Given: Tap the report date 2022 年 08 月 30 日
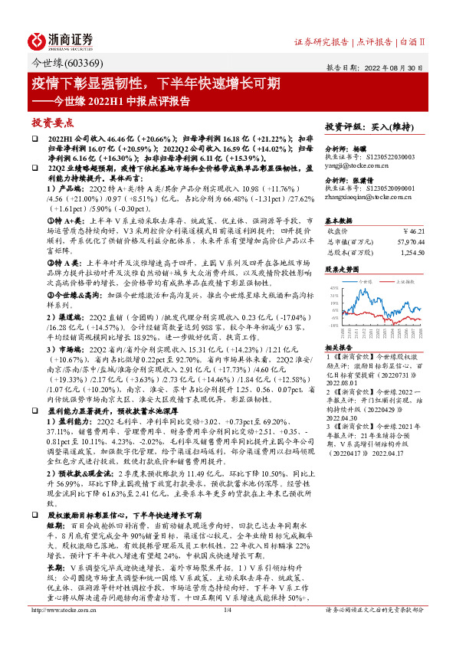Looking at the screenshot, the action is [x=397, y=67].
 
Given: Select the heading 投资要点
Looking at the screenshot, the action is [x=53, y=123].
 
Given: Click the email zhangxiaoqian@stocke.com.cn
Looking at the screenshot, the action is [x=366, y=197].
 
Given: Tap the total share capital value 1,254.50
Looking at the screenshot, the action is [x=412, y=252].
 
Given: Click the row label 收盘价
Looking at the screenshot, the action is [x=338, y=230].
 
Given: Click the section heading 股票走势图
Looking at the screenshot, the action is [x=343, y=270].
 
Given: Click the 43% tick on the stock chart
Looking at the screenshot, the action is [x=333, y=290].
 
